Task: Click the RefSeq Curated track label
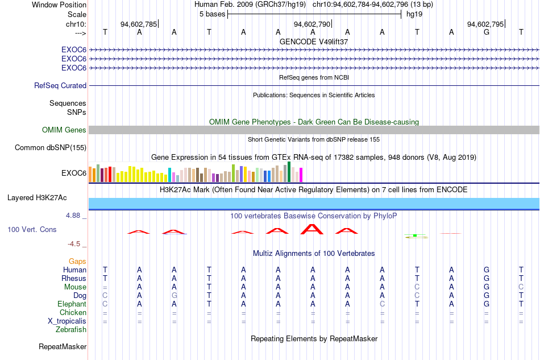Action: pos(60,85)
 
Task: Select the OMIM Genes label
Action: pos(64,130)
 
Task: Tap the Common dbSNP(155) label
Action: pos(51,147)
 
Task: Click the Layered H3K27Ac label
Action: pos(37,198)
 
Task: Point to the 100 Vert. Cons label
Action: pos(32,229)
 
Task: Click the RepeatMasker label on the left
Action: pos(63,346)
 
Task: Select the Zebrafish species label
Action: pos(71,330)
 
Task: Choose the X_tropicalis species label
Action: pos(67,321)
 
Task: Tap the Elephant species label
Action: pos(72,304)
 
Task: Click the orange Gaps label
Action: pos(77,261)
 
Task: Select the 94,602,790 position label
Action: pos(312,24)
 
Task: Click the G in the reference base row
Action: pos(486,32)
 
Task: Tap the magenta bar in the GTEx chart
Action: pos(301,175)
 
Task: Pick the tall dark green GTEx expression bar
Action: pos(289,172)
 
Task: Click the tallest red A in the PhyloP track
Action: pos(312,229)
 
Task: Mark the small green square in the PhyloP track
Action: pos(415,235)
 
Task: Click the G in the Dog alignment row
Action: pos(175,295)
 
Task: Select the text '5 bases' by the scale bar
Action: pos(212,14)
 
